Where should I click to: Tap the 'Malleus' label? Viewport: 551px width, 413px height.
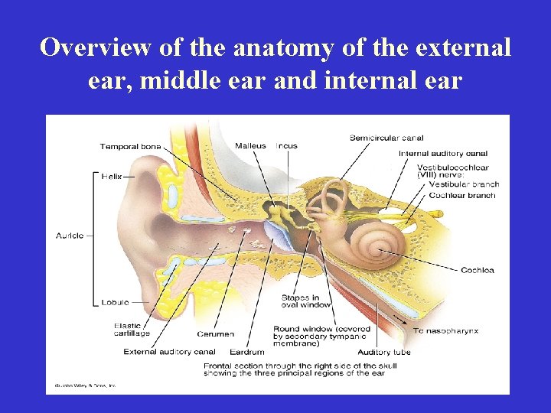[x=250, y=145]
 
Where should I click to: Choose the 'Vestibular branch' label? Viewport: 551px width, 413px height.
[x=463, y=184]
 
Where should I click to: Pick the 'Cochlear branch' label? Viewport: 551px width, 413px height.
[x=461, y=195]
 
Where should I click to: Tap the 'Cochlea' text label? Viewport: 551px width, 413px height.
[x=477, y=270]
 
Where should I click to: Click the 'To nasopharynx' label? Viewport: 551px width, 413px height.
[x=446, y=330]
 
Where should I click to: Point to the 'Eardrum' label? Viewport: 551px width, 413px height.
[x=246, y=352]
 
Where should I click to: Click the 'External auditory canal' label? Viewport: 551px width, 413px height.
[x=170, y=352]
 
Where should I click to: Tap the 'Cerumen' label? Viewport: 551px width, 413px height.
[x=215, y=333]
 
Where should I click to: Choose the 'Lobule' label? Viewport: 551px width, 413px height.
[x=115, y=302]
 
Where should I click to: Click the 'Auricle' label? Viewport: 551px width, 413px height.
[x=70, y=236]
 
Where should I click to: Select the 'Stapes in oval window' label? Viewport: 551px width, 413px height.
[x=306, y=301]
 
